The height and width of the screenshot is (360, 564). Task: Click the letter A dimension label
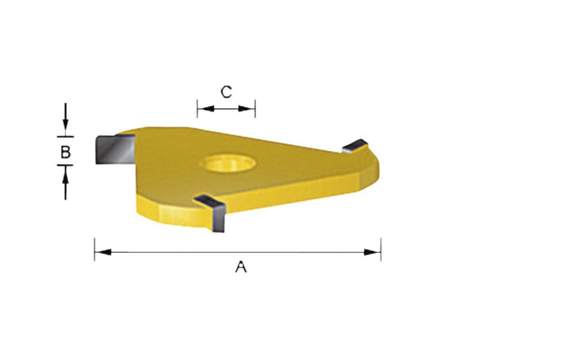click(x=241, y=267)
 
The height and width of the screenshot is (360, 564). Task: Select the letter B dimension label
click(x=65, y=152)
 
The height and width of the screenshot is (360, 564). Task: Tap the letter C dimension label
click(x=226, y=91)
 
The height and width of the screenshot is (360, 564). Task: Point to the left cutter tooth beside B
click(x=111, y=152)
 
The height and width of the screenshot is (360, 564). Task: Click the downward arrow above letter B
click(x=65, y=126)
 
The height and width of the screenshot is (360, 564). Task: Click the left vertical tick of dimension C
click(x=197, y=107)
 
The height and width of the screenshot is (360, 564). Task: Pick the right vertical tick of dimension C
click(x=255, y=107)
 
